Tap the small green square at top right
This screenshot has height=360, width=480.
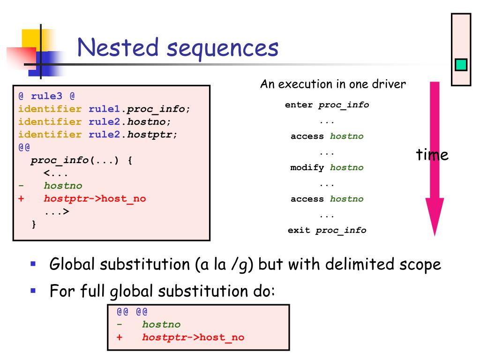461,65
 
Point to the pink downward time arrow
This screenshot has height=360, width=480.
435,159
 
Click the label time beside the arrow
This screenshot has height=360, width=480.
432,155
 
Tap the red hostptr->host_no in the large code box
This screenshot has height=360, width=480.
95,198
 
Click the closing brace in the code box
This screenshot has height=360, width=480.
33,224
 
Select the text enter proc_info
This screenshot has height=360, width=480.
327,105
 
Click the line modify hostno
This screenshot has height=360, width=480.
327,167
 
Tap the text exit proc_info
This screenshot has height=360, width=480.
327,230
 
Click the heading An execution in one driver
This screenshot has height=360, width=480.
333,84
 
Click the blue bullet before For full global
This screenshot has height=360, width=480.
33,291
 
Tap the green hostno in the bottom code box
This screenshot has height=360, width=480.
161,324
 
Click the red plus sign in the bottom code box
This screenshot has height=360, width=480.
120,337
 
